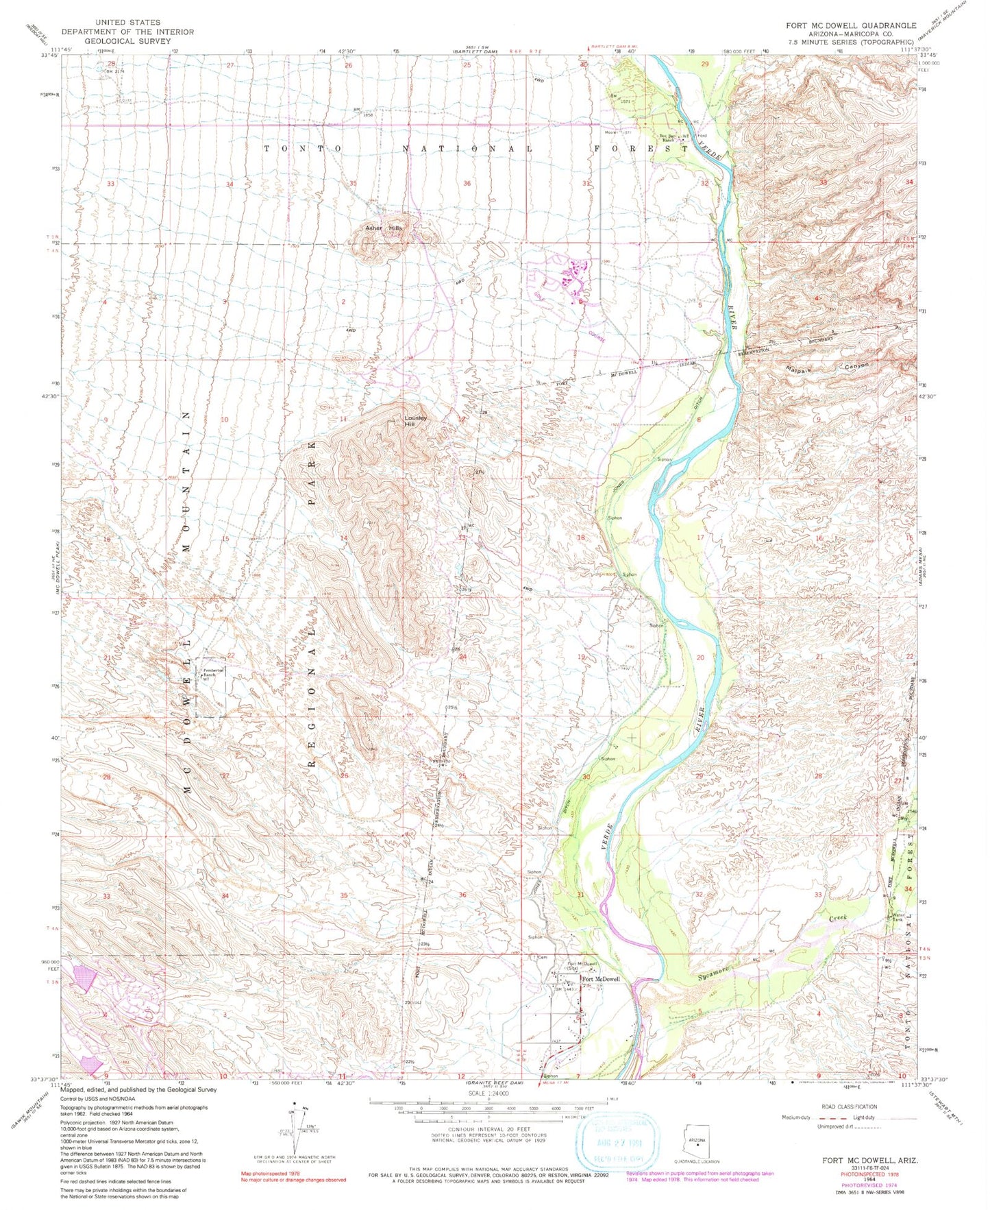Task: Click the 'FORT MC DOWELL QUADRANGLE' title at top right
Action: coord(850,25)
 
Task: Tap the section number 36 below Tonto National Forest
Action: coord(467,184)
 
